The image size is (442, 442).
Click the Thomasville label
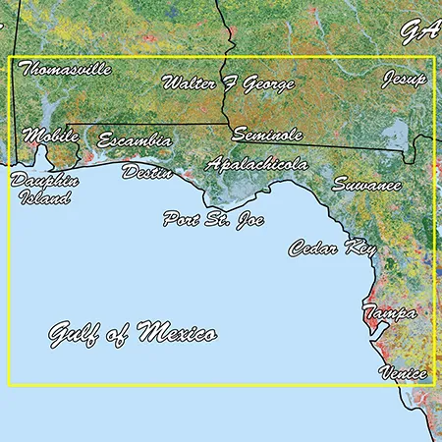pos(65,70)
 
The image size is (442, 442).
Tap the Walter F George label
pos(228,83)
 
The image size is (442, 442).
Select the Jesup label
pos(405,79)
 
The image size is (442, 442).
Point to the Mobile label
pos(50,136)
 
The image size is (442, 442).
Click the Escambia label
pos(135,140)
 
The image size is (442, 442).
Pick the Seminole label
pos(267,135)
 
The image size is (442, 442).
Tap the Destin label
pos(146,172)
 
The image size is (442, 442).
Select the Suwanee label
pos(366,184)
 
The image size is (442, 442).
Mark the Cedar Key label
pos(332,249)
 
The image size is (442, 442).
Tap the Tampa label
pos(389,313)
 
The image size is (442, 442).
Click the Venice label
pos(404,373)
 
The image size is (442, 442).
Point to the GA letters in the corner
pos(419,30)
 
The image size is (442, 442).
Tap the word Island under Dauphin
pos(45,198)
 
